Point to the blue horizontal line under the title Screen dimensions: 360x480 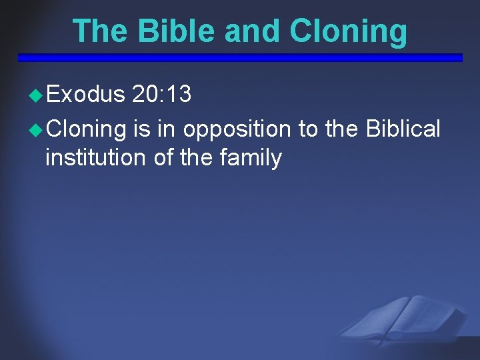240,57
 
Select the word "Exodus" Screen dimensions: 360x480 85,95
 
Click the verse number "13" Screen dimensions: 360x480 179,95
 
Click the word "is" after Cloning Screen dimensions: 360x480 141,127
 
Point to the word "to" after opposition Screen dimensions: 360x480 308,127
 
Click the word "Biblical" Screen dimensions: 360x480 403,127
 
